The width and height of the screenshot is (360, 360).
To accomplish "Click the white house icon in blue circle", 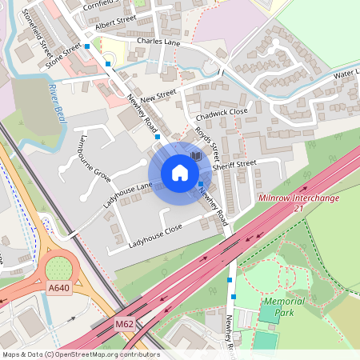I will [x=180, y=173].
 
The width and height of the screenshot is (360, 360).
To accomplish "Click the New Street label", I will [x=157, y=95].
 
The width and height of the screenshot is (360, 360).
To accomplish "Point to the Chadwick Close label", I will [x=222, y=113].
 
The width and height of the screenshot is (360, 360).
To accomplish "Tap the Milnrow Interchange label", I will [x=298, y=198].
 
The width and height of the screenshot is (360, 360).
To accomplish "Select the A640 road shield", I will [x=59, y=287].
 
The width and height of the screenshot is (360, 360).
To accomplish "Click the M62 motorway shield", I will [x=123, y=323].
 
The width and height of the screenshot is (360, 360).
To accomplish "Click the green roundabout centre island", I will [x=58, y=265].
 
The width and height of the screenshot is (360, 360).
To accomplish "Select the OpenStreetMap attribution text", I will [x=80, y=354].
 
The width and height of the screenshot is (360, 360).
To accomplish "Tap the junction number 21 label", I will [x=299, y=209].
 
